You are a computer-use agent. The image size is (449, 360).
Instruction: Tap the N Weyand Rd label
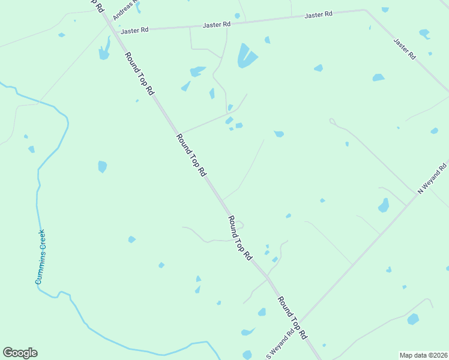click(433, 177)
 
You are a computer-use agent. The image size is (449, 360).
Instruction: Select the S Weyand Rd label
click(280, 344)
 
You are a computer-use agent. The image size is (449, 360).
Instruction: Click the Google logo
click(20, 353)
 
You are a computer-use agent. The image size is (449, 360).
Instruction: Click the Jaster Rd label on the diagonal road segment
click(405, 49)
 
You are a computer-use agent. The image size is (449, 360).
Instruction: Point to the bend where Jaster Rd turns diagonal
click(364, 10)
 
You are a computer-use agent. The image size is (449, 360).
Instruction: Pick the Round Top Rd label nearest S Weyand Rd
click(292, 317)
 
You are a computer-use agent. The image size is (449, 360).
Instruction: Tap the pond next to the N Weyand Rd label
click(383, 206)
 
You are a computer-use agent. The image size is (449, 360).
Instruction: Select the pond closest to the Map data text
click(413, 319)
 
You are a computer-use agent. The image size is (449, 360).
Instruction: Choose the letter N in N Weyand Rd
click(421, 190)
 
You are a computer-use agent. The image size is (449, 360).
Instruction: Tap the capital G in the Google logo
click(8, 352)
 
